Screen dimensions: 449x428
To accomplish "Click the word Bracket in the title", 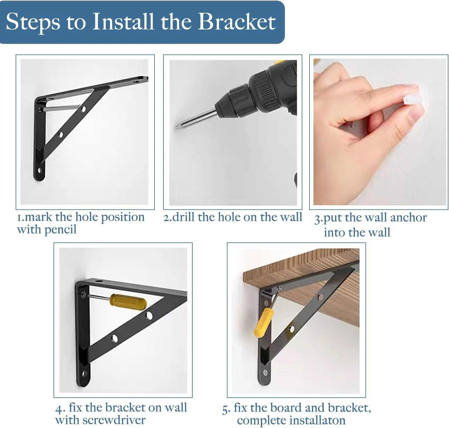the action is [x=237, y=22].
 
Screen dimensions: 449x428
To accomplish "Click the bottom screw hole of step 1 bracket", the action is [x=40, y=170].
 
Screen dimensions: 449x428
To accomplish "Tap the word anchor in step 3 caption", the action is [x=408, y=218].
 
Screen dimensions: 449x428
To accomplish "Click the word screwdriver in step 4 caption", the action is [x=114, y=420].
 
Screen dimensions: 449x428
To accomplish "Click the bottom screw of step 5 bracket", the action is [x=265, y=373].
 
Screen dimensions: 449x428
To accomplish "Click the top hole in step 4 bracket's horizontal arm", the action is [x=99, y=281].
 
